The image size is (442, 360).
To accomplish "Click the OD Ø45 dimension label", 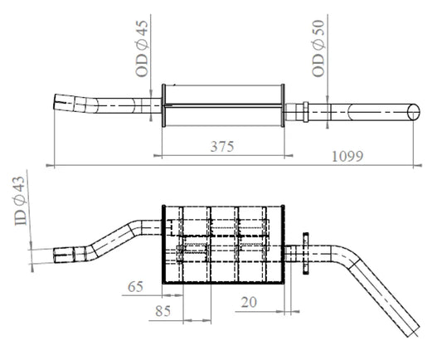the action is (142, 48).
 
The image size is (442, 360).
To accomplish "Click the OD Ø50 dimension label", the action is (318, 48).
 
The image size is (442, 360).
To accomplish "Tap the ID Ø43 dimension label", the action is (20, 201).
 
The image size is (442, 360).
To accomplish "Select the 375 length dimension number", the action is (222, 147).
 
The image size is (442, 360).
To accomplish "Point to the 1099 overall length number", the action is (347, 157).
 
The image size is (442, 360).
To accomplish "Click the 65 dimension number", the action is (135, 287).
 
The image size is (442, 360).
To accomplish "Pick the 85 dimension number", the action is (163, 311).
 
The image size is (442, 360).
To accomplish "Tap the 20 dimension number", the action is (249, 302).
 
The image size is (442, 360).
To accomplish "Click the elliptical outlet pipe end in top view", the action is (414, 112).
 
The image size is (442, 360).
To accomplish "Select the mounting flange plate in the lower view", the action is (305, 254).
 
